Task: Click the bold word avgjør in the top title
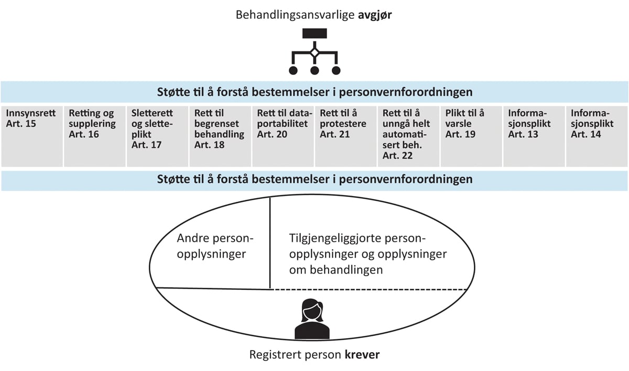click(x=375, y=14)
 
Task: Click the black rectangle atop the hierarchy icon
click(x=314, y=32)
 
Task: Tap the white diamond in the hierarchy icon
click(x=314, y=52)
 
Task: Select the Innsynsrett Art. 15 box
click(x=31, y=136)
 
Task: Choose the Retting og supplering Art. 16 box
click(x=94, y=136)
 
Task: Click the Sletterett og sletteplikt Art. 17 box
click(x=157, y=136)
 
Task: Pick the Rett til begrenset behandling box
click(x=220, y=136)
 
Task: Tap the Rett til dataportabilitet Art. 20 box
click(x=283, y=136)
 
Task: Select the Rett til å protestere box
click(x=346, y=136)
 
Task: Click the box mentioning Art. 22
click(x=409, y=136)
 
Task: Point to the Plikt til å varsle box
click(x=472, y=136)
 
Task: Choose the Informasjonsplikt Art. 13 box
click(x=534, y=136)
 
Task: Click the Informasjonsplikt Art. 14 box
click(x=597, y=136)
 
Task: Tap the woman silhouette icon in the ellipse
click(x=312, y=319)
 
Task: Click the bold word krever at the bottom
click(x=362, y=355)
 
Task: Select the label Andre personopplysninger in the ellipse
click(x=215, y=246)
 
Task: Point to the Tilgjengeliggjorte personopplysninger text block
click(x=367, y=254)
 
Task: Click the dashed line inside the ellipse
click(x=367, y=289)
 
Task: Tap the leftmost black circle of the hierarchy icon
click(x=293, y=70)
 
